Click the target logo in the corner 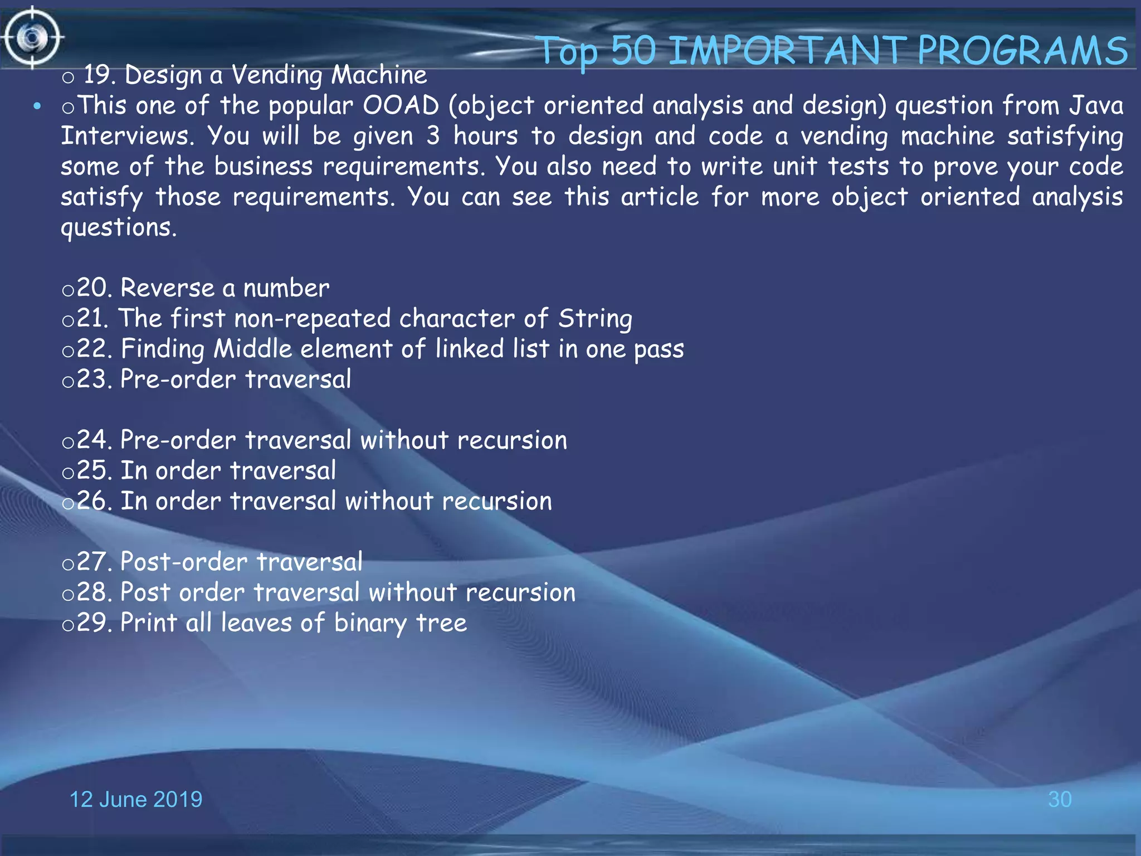(x=32, y=38)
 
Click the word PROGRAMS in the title (x=1022, y=51)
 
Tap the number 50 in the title (x=634, y=51)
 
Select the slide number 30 (x=1059, y=799)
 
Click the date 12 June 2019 (x=136, y=799)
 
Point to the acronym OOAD (x=401, y=105)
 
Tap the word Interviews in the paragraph (x=127, y=136)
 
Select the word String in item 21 (x=595, y=319)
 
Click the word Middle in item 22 (x=253, y=349)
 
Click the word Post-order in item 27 (x=183, y=562)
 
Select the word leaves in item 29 (x=256, y=622)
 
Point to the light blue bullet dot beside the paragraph (x=37, y=106)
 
